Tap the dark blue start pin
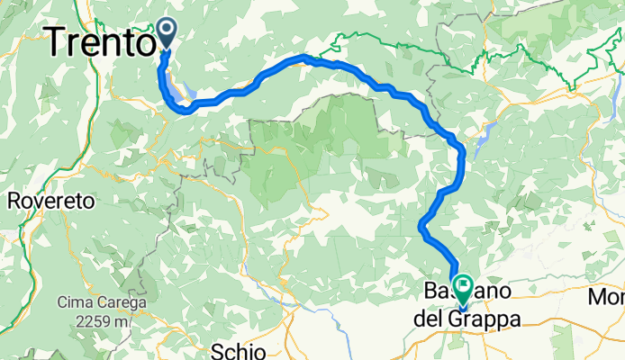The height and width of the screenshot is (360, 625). (x=167, y=33)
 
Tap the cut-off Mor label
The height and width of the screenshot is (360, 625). (x=607, y=296)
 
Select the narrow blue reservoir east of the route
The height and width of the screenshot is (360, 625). (x=484, y=137)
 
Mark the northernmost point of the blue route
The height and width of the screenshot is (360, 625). (x=303, y=58)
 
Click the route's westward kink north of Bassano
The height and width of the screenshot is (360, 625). (x=422, y=225)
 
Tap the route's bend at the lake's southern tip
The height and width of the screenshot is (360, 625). (x=184, y=109)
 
